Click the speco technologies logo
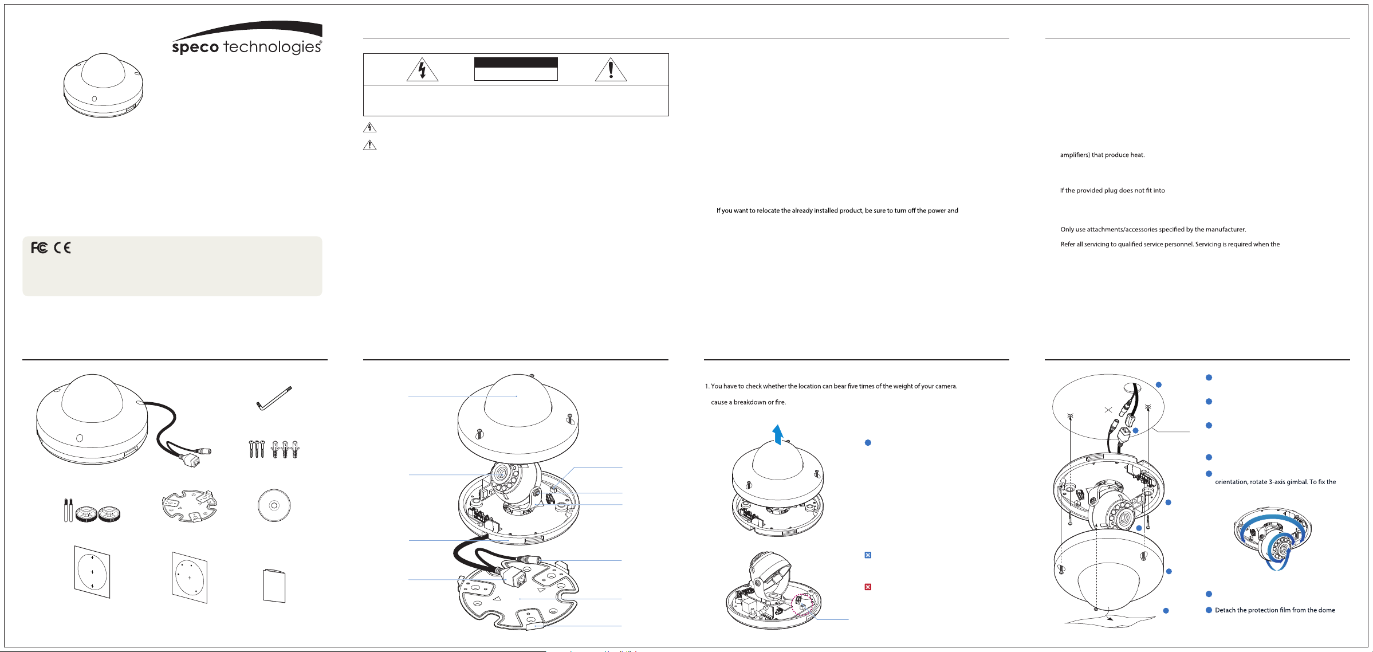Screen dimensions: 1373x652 (x=247, y=38)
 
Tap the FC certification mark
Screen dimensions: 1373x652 (x=40, y=248)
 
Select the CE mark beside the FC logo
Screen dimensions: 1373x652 (x=62, y=248)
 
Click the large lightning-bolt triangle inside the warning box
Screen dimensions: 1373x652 (x=422, y=69)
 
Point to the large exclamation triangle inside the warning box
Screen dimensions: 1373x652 (x=611, y=69)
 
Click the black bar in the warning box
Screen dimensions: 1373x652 (x=516, y=62)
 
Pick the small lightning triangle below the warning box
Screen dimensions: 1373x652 (x=370, y=127)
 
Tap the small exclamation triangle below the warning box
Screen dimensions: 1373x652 (x=370, y=145)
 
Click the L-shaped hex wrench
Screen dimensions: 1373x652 (x=274, y=398)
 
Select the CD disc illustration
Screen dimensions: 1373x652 (x=274, y=505)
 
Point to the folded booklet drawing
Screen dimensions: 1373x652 (x=274, y=586)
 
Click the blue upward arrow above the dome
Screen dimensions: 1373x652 (x=777, y=434)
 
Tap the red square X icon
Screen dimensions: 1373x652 (x=868, y=587)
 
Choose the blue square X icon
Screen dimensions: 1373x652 (x=868, y=555)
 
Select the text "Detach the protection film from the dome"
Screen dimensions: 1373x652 (x=1275, y=610)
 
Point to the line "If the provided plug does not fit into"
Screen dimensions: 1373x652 (x=1112, y=191)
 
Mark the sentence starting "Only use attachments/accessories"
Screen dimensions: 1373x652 (x=1153, y=230)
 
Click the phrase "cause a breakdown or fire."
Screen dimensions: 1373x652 (x=748, y=402)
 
